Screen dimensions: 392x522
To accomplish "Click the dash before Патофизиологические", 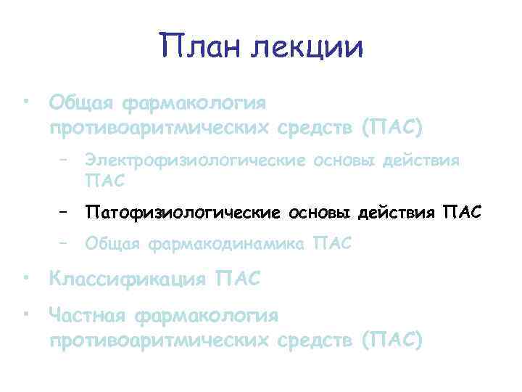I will pyautogui.click(x=65, y=212).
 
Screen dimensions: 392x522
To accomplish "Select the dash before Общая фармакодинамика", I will pyautogui.click(x=65, y=244).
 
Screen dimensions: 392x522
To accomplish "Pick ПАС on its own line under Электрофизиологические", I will pyautogui.click(x=104, y=179).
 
